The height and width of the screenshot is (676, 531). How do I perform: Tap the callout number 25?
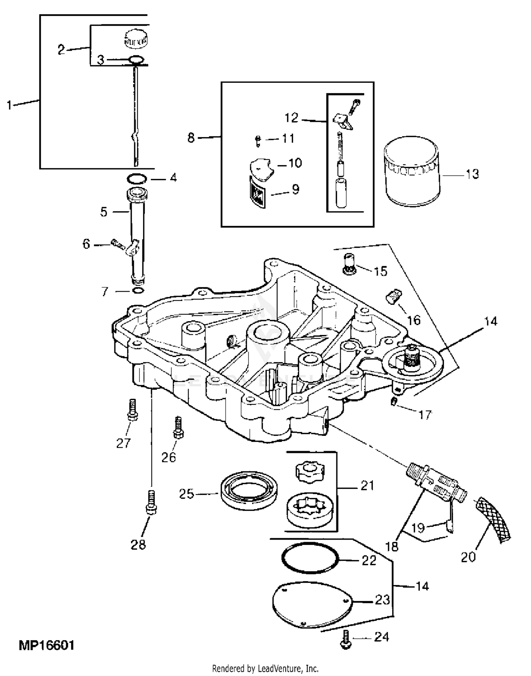coord(187,494)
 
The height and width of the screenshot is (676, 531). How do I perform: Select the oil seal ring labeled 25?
coord(249,491)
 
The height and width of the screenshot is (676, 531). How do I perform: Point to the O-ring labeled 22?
coord(310,558)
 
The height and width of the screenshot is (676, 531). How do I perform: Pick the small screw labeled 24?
coord(346,640)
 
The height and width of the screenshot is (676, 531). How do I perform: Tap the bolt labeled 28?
coord(151,502)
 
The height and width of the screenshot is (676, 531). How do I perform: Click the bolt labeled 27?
coord(132,410)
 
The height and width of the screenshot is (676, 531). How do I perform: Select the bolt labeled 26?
coord(178,427)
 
